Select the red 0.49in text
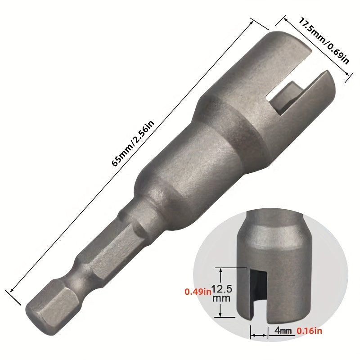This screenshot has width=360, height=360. point(198,292)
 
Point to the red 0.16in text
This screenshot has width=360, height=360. point(310,331)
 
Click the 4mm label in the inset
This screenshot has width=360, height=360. point(282,331)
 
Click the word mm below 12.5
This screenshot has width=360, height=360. point(223,298)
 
